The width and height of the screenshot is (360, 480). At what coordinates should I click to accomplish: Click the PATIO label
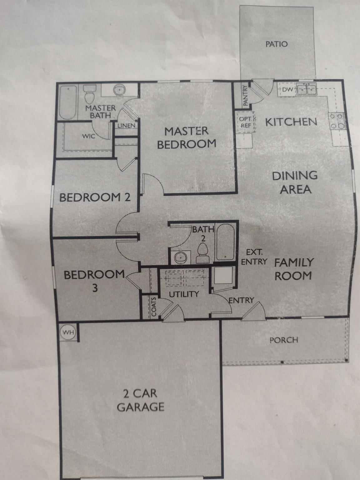pos(276,44)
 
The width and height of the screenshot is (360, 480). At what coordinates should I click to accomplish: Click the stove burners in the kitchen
pos(337,121)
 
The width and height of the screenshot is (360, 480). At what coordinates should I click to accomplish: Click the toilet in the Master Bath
pos(90,95)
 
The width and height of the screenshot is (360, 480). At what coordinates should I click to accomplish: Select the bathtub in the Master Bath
pos(67,103)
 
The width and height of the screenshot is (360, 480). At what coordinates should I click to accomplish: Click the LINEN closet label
pos(127,126)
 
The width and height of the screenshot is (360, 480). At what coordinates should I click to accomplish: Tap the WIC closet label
pos(88,136)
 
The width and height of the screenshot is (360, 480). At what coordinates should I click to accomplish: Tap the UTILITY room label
pos(184,294)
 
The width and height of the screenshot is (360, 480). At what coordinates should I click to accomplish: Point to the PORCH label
pos(284,340)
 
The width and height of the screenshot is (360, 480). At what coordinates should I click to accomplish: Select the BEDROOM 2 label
pos(95,197)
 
